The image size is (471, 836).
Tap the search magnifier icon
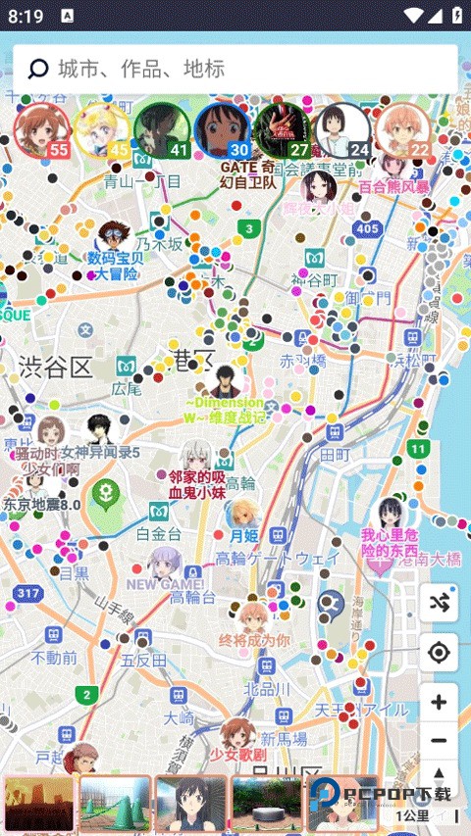[38, 69]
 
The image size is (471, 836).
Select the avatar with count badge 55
[42, 130]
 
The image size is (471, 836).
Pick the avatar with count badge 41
[162, 130]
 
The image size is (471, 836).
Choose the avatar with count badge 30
[223, 130]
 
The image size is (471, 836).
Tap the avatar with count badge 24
[344, 130]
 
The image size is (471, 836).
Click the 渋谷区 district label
[55, 368]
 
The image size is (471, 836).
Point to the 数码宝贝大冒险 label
[115, 266]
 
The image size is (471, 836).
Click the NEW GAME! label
[165, 584]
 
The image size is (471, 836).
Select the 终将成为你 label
[254, 640]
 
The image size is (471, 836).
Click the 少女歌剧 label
[237, 755]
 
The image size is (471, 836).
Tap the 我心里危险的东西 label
[390, 543]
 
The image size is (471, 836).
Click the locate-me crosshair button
[439, 653]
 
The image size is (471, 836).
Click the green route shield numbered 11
[419, 449]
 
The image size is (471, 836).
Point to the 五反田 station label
[144, 661]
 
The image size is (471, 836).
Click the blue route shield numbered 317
[28, 593]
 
